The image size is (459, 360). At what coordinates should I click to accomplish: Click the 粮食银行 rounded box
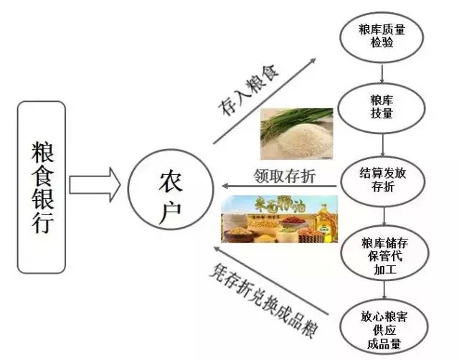coord(41,186)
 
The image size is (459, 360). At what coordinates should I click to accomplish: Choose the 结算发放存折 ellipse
coord(382,179)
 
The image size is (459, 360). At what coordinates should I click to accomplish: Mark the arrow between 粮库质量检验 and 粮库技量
coord(382,71)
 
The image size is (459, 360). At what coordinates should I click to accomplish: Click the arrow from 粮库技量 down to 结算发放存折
coord(382,144)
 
